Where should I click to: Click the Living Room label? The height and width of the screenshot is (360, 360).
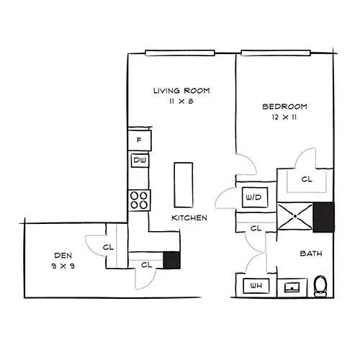(x=181, y=91)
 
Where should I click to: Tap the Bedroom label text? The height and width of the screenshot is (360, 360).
(x=284, y=107)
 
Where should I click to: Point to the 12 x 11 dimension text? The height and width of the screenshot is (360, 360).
(x=284, y=117)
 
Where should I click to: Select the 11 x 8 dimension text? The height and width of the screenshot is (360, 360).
(x=181, y=102)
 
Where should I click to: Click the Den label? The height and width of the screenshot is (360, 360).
(x=63, y=256)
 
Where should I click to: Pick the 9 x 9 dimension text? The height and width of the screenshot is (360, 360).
(x=63, y=266)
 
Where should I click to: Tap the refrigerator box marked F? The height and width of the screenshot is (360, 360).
(x=140, y=140)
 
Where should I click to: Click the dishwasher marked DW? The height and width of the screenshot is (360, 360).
(x=140, y=161)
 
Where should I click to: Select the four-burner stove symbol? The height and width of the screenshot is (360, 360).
(x=139, y=200)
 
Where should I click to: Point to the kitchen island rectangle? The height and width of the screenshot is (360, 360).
(x=184, y=185)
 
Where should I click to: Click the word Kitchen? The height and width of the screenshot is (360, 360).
(x=189, y=218)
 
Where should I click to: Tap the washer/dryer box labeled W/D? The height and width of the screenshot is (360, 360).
(x=255, y=197)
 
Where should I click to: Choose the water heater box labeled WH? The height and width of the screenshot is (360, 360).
(x=256, y=286)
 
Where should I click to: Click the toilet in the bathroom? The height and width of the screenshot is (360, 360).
(x=320, y=286)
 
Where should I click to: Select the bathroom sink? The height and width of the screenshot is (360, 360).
(x=292, y=287)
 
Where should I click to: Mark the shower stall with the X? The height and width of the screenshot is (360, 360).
(x=295, y=216)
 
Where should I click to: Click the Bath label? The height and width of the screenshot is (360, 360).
(x=311, y=253)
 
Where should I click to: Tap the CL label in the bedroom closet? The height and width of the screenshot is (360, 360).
(x=307, y=179)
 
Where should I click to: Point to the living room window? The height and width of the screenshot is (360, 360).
(x=180, y=53)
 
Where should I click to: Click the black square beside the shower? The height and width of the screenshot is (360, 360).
(x=323, y=217)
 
